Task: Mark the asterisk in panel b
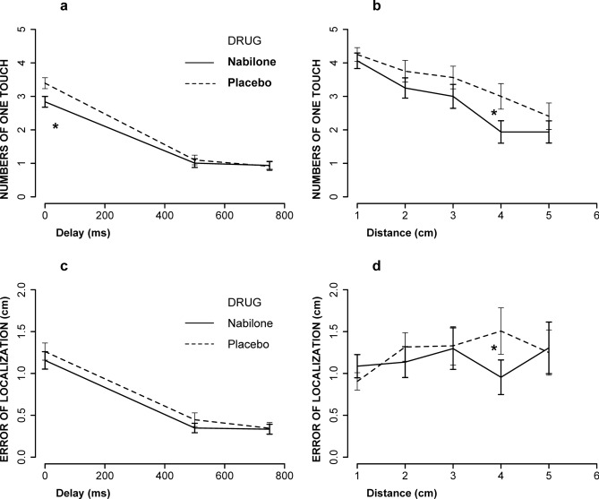pyautogui.click(x=493, y=114)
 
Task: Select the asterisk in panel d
pyautogui.click(x=493, y=348)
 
